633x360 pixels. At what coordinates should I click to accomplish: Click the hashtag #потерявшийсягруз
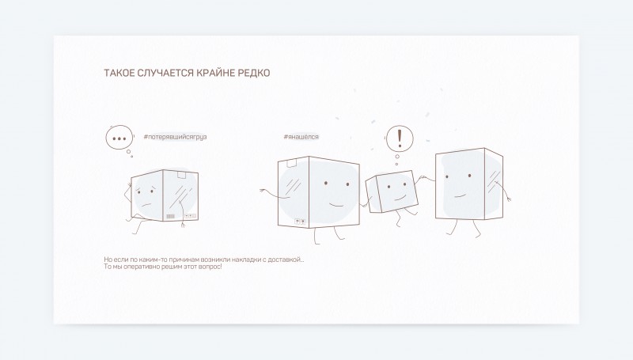pos(175,137)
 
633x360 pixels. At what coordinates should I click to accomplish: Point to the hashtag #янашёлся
pos(301,137)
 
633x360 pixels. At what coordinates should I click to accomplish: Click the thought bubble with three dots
pos(119,138)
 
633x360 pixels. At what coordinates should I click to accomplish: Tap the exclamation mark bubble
pos(400,138)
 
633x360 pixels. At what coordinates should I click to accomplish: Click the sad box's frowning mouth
pos(148,203)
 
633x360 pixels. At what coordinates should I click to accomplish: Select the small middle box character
pos(392,191)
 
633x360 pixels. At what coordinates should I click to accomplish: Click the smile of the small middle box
pos(400,198)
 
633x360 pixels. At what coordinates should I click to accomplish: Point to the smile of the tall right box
pos(461,195)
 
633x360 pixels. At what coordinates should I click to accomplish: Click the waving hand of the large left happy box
pos(264,191)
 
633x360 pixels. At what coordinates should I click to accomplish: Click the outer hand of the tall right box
pos(508,199)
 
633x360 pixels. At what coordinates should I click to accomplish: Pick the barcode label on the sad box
pos(170,216)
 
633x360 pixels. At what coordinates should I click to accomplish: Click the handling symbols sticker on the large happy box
pos(300,222)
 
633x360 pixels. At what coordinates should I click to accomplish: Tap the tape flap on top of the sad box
pos(181,174)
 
